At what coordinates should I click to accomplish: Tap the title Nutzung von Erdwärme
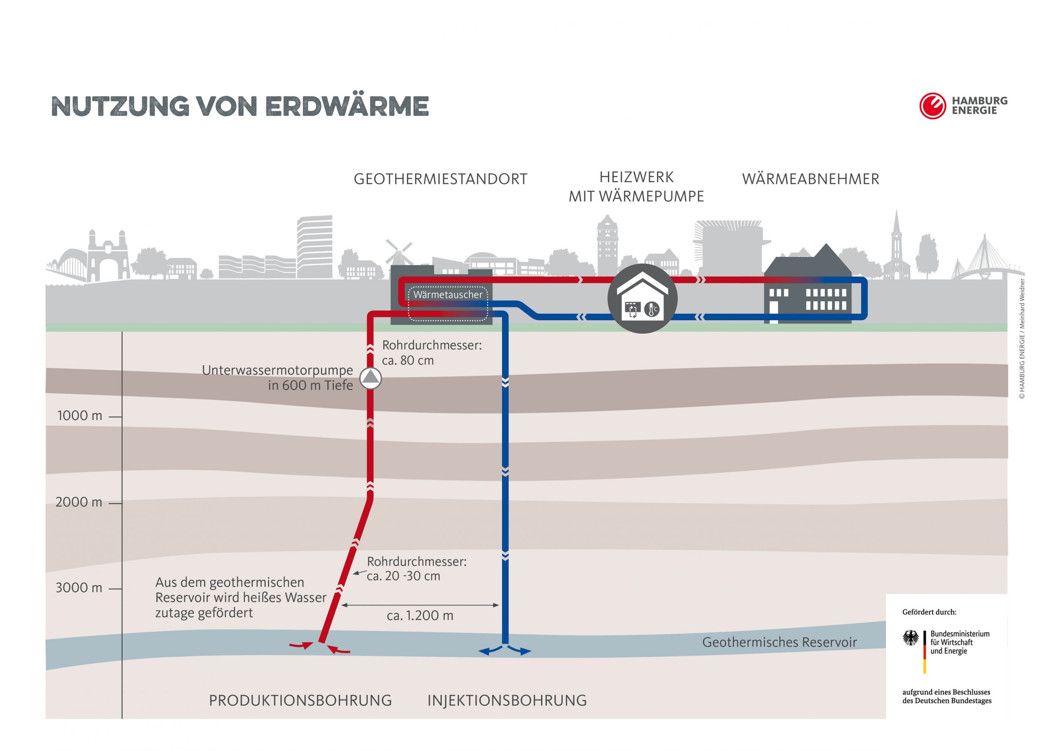[240, 107]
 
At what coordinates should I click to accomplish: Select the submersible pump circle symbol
[370, 378]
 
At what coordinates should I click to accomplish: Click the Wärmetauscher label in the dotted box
[448, 295]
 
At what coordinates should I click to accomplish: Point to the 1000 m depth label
[80, 415]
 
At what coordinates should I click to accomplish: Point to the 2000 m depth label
[79, 502]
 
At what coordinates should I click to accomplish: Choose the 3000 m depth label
[79, 588]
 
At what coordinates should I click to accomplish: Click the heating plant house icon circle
[642, 299]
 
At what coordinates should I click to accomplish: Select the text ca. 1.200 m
[420, 616]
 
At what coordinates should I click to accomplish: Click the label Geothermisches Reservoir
[780, 642]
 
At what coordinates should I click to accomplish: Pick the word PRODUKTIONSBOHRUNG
[300, 700]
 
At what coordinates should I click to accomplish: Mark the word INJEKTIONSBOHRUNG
[507, 700]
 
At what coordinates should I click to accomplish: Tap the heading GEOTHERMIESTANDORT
[440, 179]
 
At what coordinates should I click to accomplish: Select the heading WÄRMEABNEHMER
[810, 179]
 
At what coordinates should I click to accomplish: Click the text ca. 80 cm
[408, 361]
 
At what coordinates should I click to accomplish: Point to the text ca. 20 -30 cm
[403, 576]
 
